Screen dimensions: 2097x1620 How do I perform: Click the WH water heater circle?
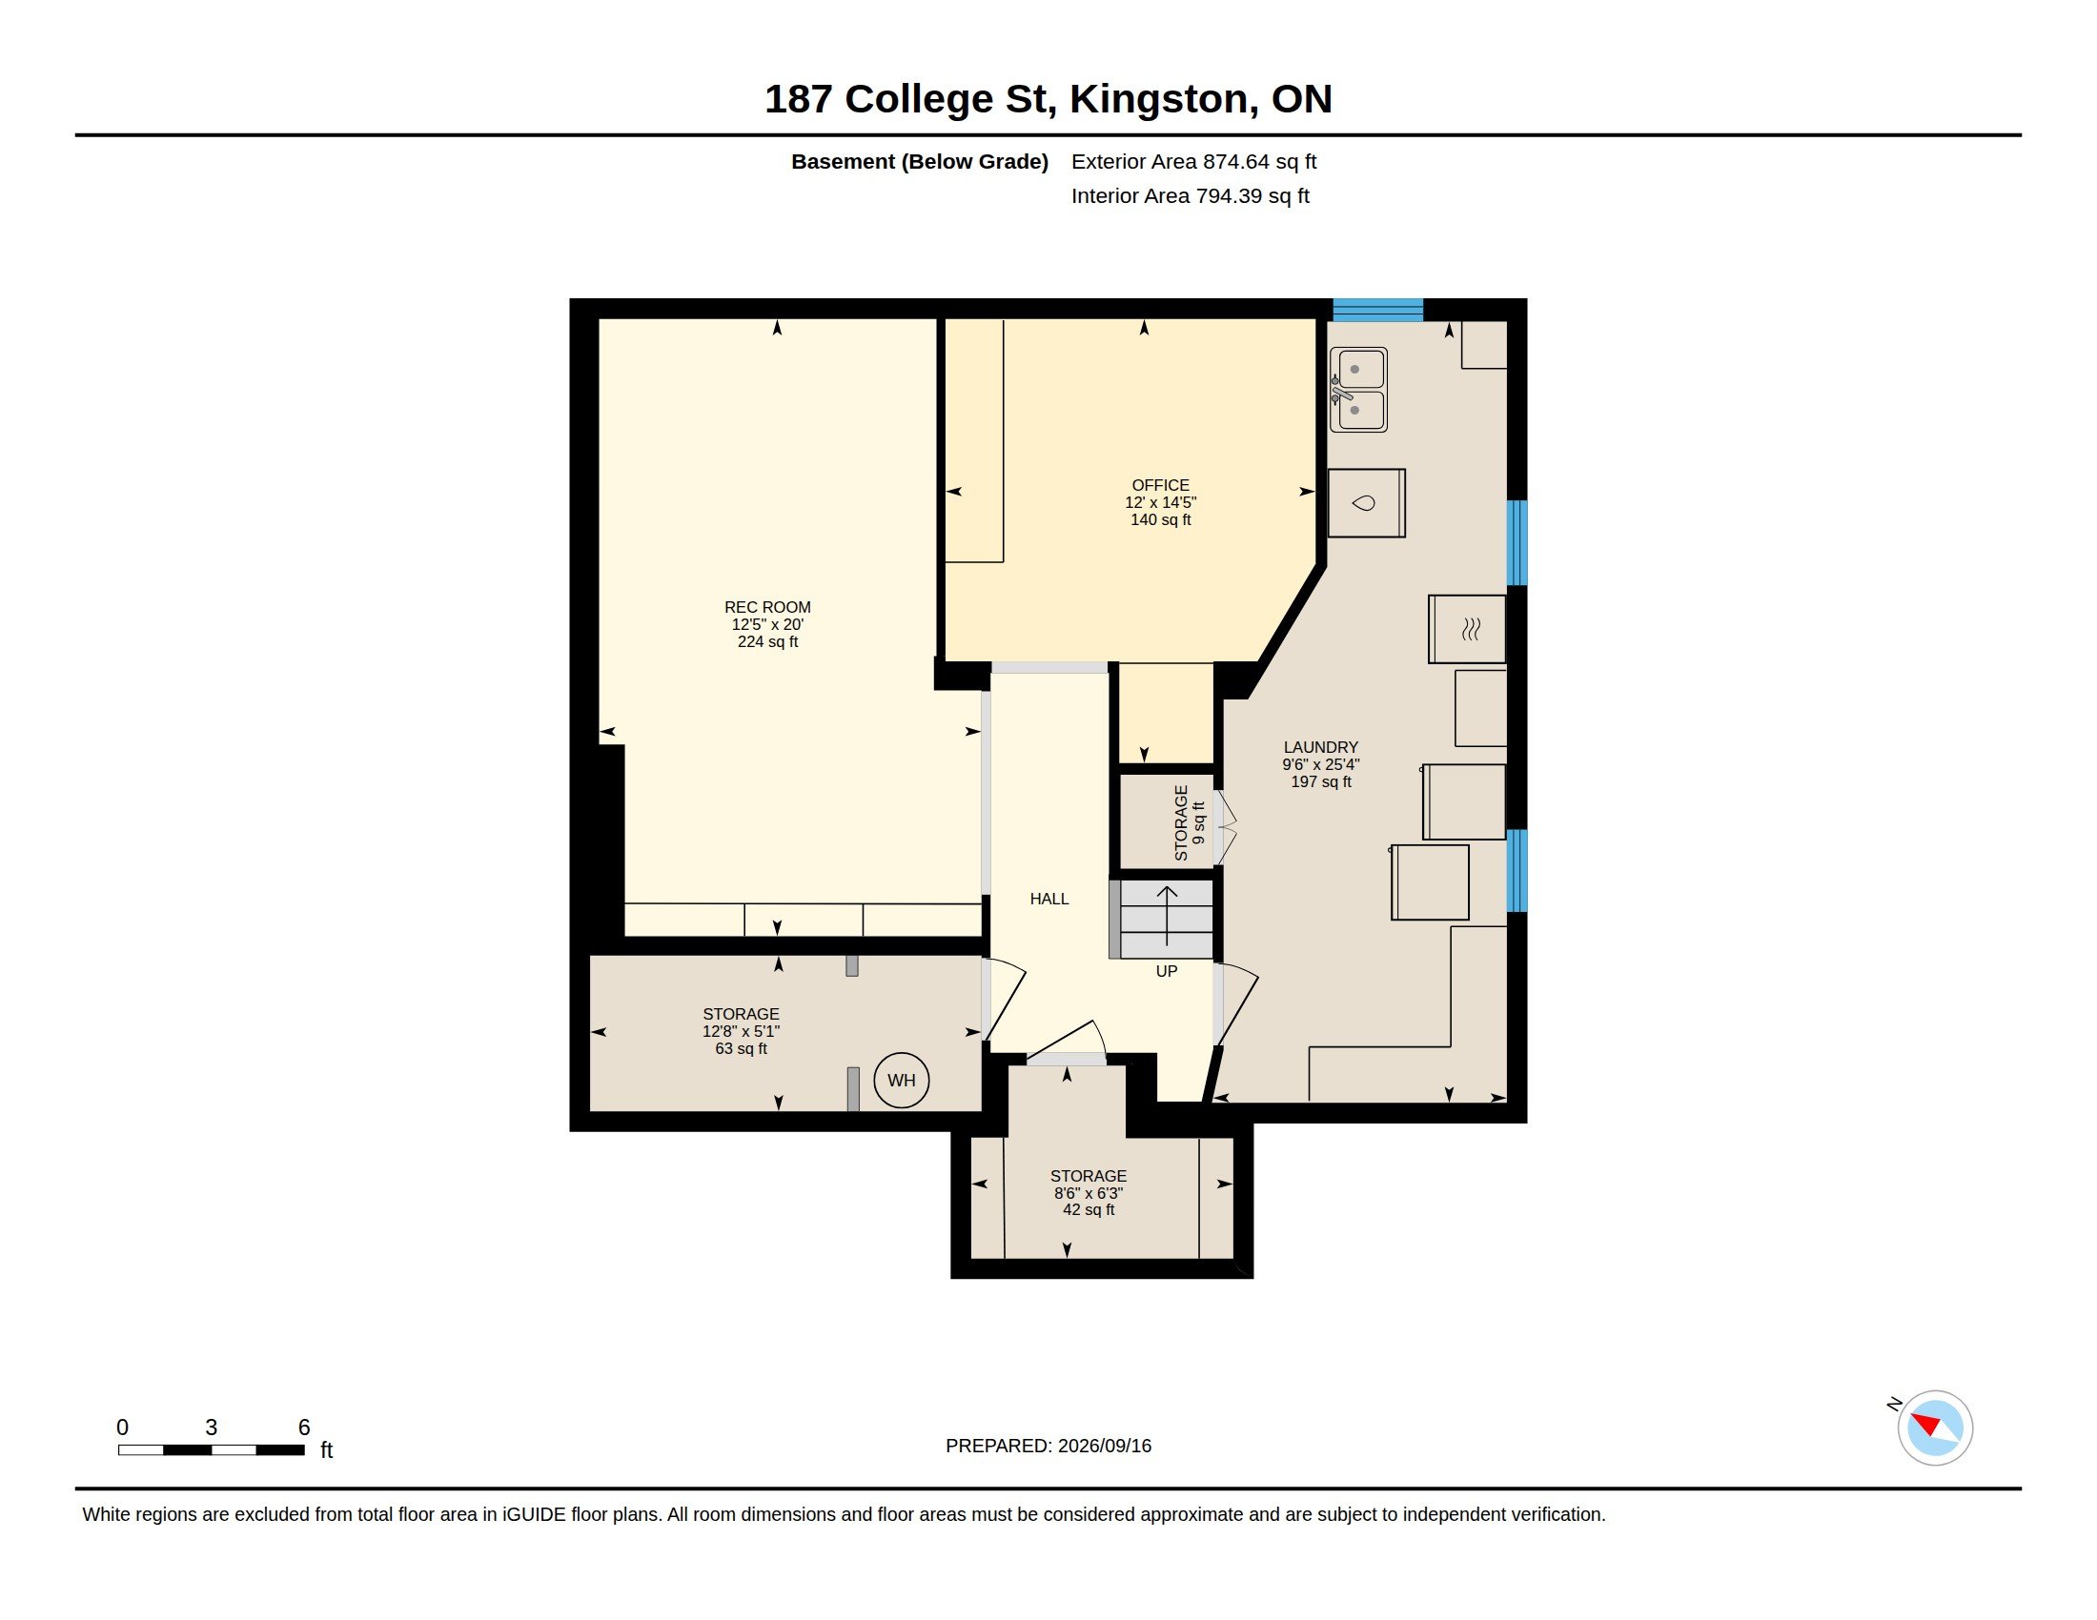[901, 1080]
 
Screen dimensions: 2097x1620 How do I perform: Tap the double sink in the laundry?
[1357, 390]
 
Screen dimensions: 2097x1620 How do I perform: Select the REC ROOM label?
[767, 624]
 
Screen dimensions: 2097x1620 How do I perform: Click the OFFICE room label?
[1160, 502]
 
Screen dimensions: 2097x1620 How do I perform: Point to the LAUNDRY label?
[1320, 764]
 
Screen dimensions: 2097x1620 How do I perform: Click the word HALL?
[1048, 899]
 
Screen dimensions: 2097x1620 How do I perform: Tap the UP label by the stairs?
[1166, 971]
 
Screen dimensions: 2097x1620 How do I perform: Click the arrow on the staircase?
[1167, 917]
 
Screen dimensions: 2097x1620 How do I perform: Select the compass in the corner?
[1934, 1428]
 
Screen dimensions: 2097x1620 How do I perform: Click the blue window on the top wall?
[1377, 310]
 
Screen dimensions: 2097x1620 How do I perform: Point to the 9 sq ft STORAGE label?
[1189, 822]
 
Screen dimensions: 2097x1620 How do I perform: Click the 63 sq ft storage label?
[741, 1031]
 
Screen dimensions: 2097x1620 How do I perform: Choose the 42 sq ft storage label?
[1088, 1192]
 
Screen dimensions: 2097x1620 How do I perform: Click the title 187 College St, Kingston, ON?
[1048, 99]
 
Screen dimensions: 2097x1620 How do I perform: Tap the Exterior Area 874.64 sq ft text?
[1193, 161]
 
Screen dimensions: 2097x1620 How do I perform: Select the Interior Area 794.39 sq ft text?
[1190, 195]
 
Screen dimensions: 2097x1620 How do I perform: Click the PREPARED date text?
[1048, 1446]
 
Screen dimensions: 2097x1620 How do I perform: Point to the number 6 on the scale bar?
[303, 1428]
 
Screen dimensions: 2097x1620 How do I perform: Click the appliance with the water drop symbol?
[1366, 503]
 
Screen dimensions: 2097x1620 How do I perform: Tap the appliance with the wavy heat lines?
[1466, 629]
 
